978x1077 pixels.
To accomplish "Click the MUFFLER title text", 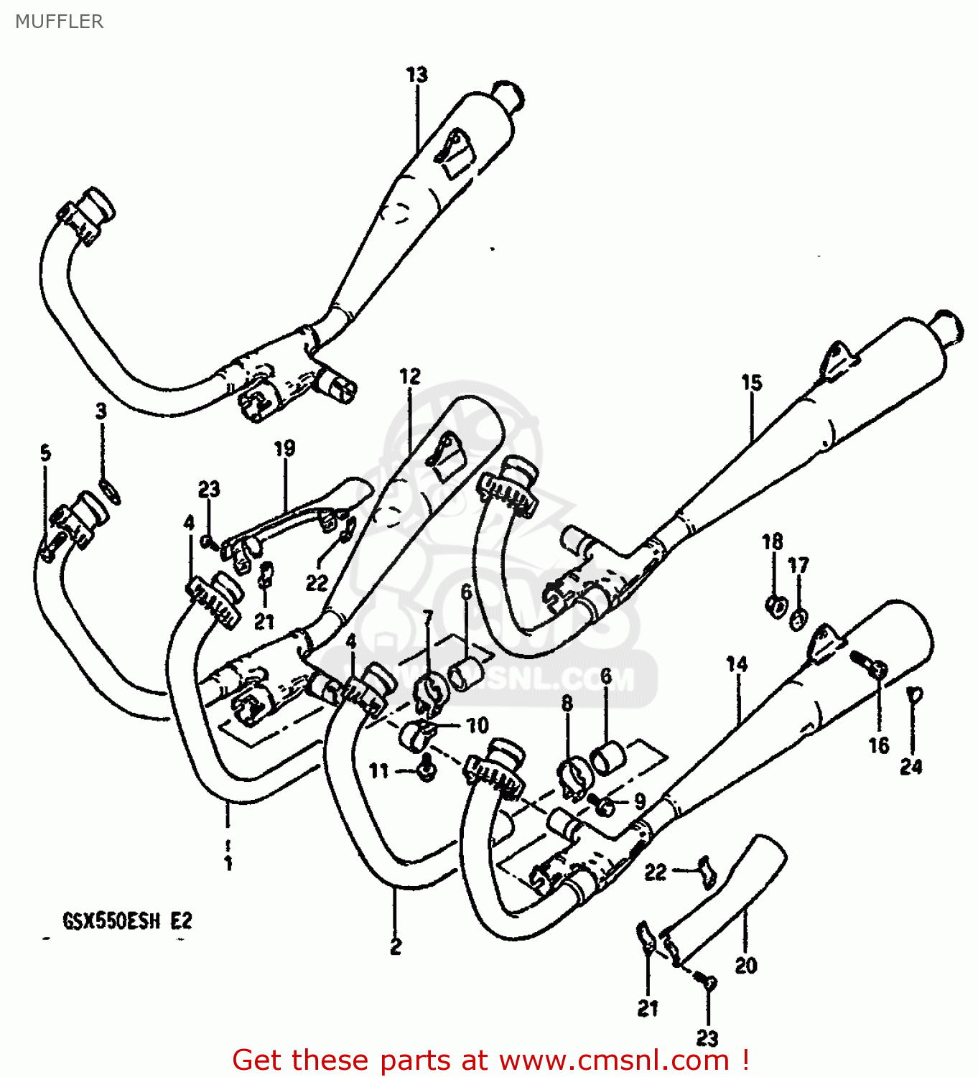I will [59, 22].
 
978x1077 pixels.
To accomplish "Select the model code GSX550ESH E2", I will [127, 920].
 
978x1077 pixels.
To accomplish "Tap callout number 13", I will [416, 75].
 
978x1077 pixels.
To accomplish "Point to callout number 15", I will [751, 383].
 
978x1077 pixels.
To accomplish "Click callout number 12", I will [409, 376].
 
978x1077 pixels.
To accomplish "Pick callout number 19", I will [284, 448].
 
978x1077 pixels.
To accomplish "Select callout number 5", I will [45, 453].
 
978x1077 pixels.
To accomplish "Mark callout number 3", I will [101, 411].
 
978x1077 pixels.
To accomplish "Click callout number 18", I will [772, 541].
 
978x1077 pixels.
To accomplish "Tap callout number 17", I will [798, 566].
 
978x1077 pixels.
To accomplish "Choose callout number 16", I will [879, 745].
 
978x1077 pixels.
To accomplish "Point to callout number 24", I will [911, 767].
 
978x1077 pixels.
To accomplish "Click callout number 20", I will [745, 966].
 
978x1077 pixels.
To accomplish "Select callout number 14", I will [737, 664].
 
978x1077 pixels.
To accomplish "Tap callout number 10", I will [477, 725].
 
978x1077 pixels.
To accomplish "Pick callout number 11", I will [378, 770].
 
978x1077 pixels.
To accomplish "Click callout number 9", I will [639, 801].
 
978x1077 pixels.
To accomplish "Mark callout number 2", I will [396, 947].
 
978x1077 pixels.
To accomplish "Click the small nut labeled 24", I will [913, 694].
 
